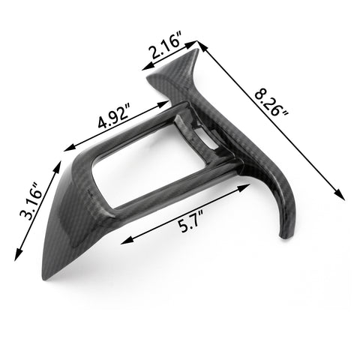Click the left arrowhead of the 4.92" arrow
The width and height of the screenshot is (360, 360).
tap(67, 149)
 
